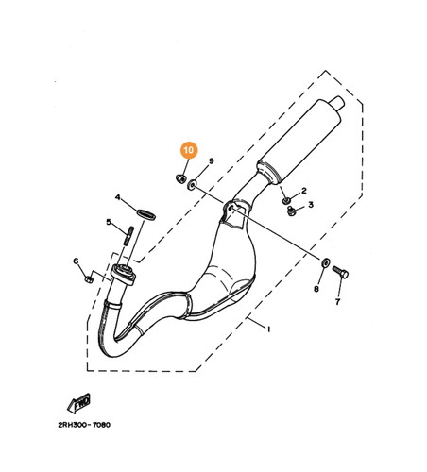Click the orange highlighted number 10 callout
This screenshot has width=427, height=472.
[x=189, y=150]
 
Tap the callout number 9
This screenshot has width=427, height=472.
[x=212, y=161]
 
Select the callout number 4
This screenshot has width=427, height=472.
[x=118, y=197]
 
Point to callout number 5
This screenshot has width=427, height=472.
[x=109, y=222]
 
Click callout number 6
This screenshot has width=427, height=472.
[x=76, y=261]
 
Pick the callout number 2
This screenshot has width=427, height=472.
[x=304, y=190]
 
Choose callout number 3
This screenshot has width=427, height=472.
[x=311, y=205]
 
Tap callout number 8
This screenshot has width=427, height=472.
[x=316, y=289]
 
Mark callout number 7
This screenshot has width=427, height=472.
[x=337, y=302]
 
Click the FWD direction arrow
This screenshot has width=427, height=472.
[x=78, y=403]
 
